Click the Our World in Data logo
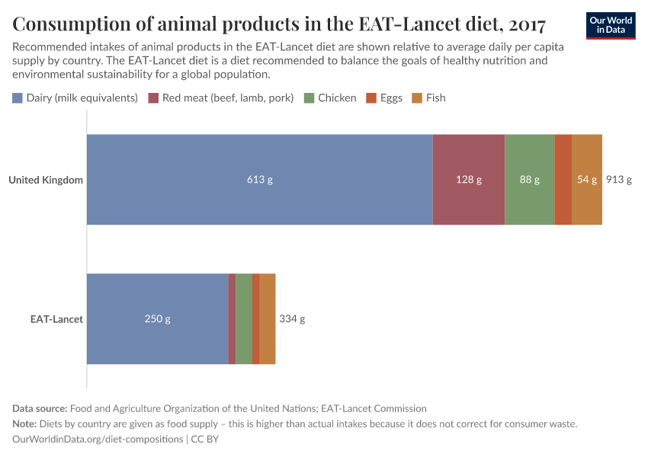(x=610, y=25)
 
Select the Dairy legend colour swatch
(x=18, y=98)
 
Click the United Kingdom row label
(x=46, y=181)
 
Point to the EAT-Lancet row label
(x=56, y=319)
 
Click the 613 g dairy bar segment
(x=259, y=180)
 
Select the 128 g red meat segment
(x=468, y=180)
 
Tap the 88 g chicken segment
(x=529, y=180)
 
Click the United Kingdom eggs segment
(x=563, y=180)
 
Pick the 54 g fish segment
(x=586, y=180)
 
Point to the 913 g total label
(x=618, y=181)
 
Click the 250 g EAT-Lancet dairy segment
(x=157, y=318)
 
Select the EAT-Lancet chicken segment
(x=243, y=318)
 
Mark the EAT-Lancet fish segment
(x=267, y=318)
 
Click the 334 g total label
(x=292, y=319)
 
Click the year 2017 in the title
(x=526, y=24)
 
